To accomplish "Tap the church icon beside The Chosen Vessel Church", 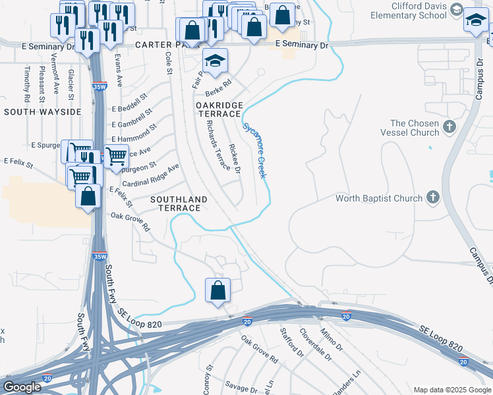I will [450, 126].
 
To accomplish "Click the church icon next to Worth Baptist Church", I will [433, 197].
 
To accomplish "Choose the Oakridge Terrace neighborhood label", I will [219, 109].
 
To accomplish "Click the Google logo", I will [22, 387].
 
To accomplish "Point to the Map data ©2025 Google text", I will [451, 390].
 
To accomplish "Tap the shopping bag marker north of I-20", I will [217, 290].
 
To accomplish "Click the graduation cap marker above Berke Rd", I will [215, 61].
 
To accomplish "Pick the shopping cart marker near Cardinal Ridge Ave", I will [116, 157].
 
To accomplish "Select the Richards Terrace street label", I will [218, 145].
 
